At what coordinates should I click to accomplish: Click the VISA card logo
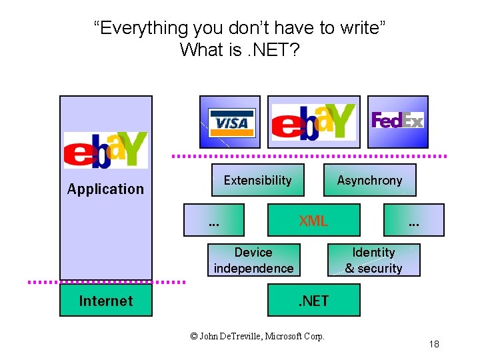[x=231, y=122]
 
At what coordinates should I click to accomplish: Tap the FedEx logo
[x=397, y=121]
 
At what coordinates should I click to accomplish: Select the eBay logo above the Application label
[x=105, y=150]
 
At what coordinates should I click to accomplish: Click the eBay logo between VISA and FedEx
[x=313, y=122]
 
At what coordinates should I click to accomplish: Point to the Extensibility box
[x=257, y=180]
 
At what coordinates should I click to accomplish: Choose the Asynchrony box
[x=369, y=180]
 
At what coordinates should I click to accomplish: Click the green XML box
[x=313, y=221]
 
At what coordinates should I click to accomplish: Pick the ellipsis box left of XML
[x=214, y=221]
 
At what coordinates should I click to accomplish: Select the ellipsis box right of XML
[x=414, y=221]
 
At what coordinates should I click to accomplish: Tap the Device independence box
[x=253, y=260]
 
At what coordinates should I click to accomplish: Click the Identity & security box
[x=373, y=260]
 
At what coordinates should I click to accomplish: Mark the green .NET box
[x=313, y=301]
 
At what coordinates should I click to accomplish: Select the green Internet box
[x=105, y=301]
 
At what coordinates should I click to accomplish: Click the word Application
[x=105, y=189]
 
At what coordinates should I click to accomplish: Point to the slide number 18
[x=434, y=344]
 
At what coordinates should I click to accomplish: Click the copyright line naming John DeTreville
[x=257, y=337]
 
